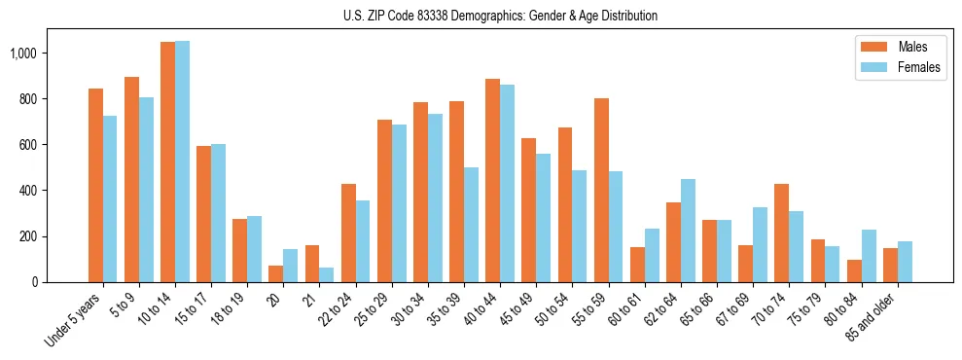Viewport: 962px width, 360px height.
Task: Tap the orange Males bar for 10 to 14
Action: [168, 162]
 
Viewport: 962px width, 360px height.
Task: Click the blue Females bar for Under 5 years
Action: [110, 198]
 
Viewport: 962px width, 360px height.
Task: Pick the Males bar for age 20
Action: [276, 273]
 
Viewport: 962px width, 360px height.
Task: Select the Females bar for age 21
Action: [327, 274]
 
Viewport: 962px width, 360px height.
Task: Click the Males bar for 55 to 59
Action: [601, 190]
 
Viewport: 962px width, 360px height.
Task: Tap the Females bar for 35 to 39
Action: [471, 225]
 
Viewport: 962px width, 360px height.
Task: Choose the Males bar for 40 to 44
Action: [493, 180]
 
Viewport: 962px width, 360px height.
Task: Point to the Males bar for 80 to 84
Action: [853, 270]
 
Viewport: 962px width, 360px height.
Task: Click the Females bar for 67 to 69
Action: [760, 244]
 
